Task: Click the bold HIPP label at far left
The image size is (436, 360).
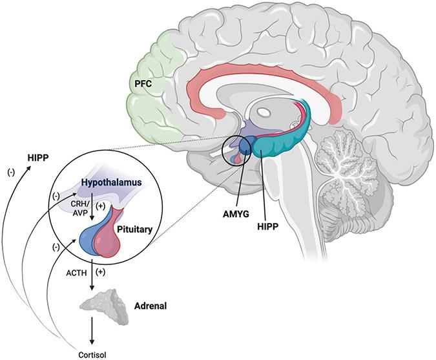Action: tap(39, 156)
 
